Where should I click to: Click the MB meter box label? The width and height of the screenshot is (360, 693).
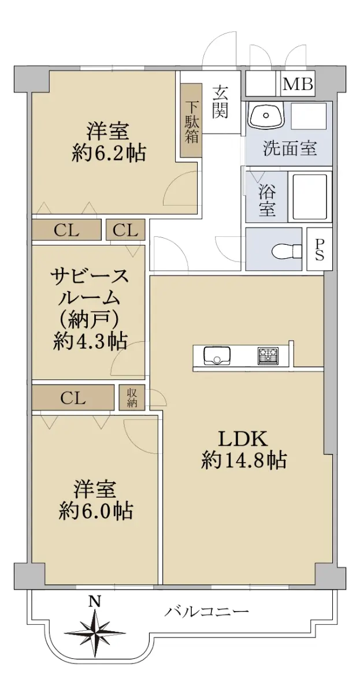pos(298,84)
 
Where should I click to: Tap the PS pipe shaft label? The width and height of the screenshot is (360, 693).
pos(320,249)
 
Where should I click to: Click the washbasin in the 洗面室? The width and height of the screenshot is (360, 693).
pos(267,115)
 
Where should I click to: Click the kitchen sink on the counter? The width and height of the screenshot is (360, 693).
pos(217,356)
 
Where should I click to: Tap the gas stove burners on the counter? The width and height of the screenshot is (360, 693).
pos(268,356)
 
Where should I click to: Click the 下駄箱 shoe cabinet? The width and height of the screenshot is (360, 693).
pos(191,120)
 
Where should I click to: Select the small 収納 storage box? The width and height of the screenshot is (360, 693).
pos(132,397)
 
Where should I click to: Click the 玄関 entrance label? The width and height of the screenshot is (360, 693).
pos(221,102)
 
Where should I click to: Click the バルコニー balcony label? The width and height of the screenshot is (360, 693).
pos(207,610)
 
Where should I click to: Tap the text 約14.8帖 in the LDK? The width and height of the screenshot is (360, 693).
pos(244,460)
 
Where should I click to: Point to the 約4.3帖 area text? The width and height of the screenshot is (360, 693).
pos(90,341)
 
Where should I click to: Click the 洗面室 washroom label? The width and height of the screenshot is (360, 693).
pos(290,148)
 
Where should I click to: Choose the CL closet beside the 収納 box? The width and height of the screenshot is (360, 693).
pos(73,398)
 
